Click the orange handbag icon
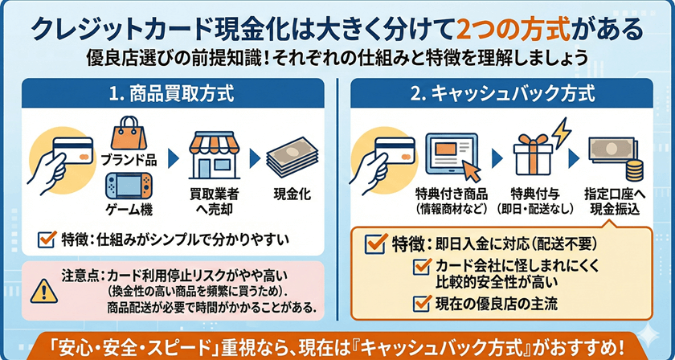(128, 133)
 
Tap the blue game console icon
(128, 187)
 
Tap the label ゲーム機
(128, 212)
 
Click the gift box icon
(536, 154)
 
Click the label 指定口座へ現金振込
(614, 202)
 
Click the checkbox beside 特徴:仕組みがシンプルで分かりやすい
(47, 239)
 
